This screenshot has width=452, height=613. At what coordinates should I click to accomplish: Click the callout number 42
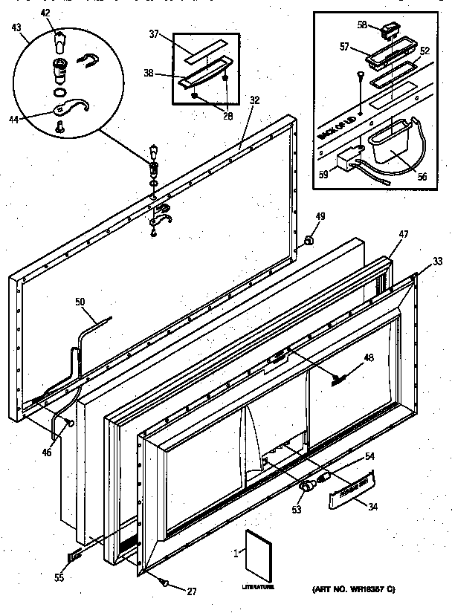(x=46, y=13)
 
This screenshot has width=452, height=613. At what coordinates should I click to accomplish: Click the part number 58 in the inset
(x=363, y=25)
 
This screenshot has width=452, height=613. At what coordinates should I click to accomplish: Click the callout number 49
(x=320, y=216)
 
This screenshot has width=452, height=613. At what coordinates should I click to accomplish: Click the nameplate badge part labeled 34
(x=349, y=490)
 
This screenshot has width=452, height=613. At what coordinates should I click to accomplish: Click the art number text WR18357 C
(x=357, y=588)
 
